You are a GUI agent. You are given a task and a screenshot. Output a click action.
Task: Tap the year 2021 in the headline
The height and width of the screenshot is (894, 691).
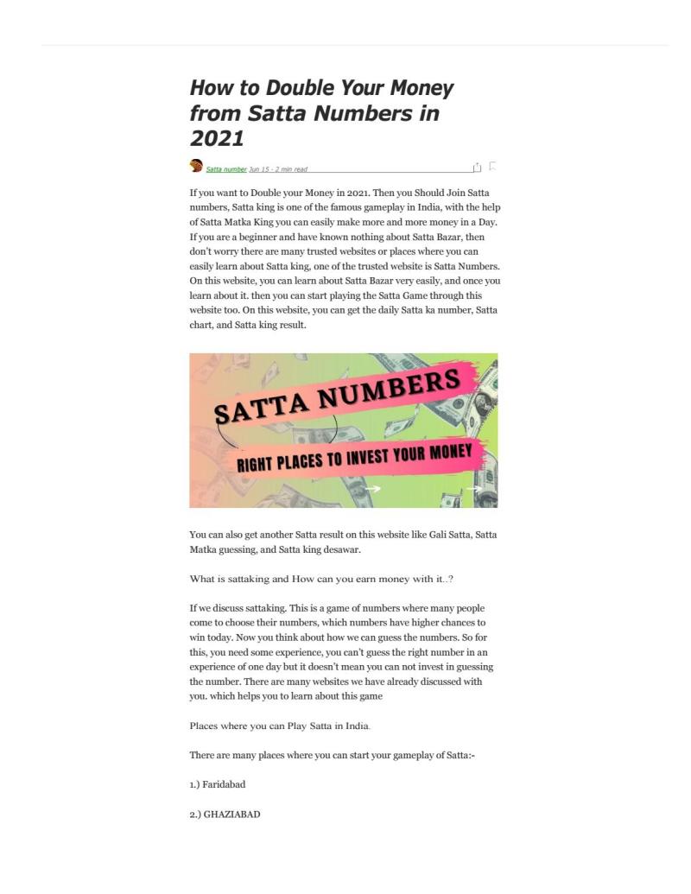[x=217, y=138]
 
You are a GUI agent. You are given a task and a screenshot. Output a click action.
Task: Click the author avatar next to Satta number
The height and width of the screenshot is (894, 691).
[x=196, y=166]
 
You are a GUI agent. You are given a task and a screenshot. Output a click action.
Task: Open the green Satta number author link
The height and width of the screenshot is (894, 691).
[x=226, y=169]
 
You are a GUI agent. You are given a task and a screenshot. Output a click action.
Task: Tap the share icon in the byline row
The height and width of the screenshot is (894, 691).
[x=477, y=167]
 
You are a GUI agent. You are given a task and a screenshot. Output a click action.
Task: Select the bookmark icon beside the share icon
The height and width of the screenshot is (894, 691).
[x=492, y=166]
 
